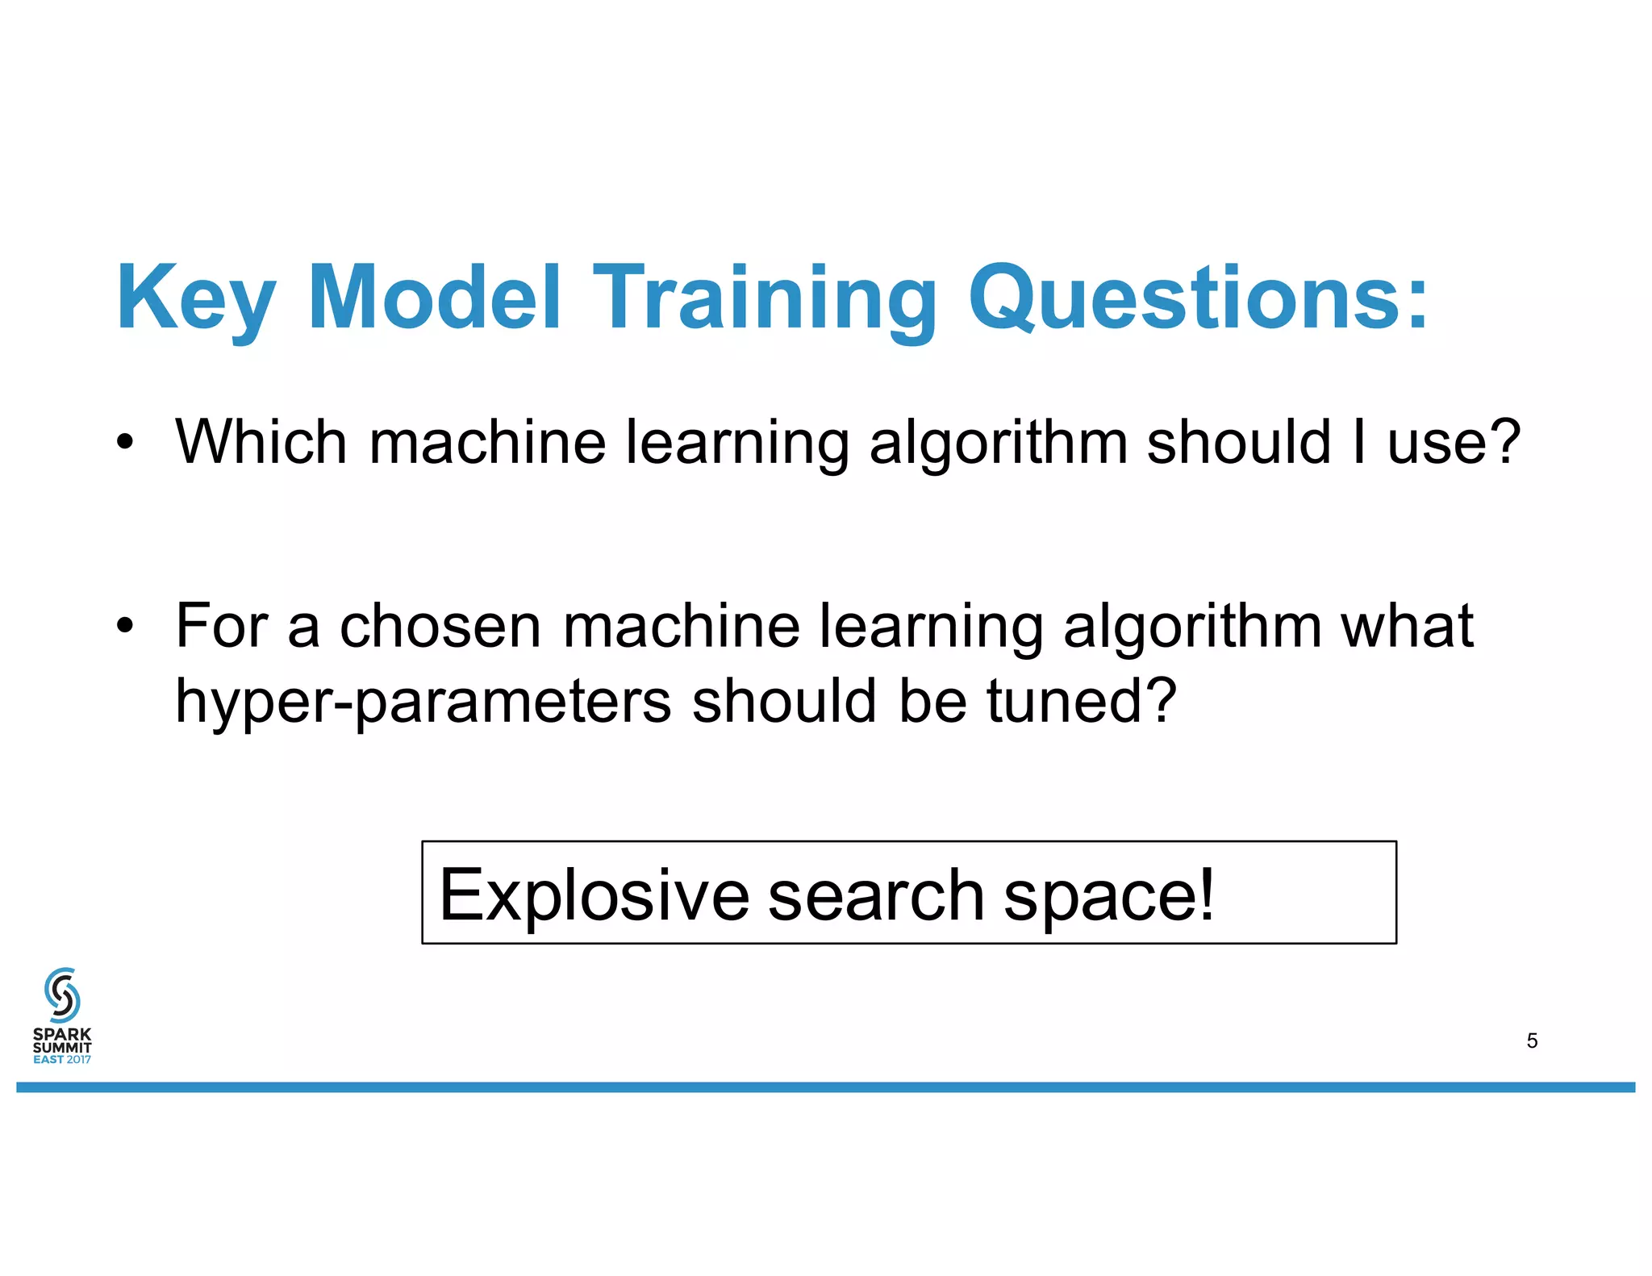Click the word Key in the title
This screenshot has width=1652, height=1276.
click(x=196, y=298)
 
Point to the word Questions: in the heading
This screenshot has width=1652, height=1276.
click(x=1198, y=298)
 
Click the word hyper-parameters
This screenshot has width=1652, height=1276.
click(x=423, y=702)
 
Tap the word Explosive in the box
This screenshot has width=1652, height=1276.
click(x=594, y=894)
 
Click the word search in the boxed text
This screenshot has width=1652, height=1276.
click(x=875, y=894)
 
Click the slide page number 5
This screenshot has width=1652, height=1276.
click(x=1532, y=1040)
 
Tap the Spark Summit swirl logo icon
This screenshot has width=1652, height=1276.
click(x=62, y=995)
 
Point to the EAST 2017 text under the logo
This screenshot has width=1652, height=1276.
click(x=62, y=1059)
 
